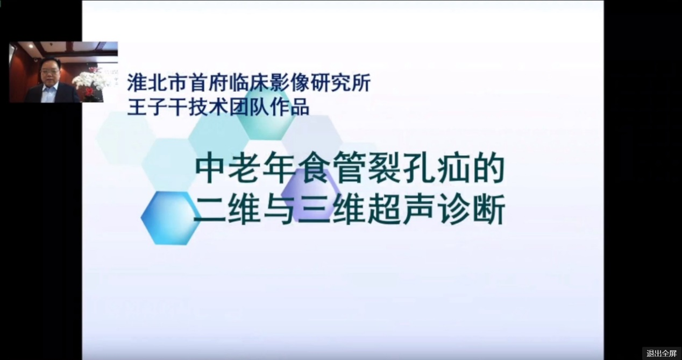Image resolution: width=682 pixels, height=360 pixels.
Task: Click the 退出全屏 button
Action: [662, 354]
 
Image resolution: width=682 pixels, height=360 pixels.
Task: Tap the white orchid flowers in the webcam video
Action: [88, 80]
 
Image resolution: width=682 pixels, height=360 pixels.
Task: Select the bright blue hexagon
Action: [170, 218]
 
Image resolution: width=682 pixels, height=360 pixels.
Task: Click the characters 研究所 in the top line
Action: [340, 83]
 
